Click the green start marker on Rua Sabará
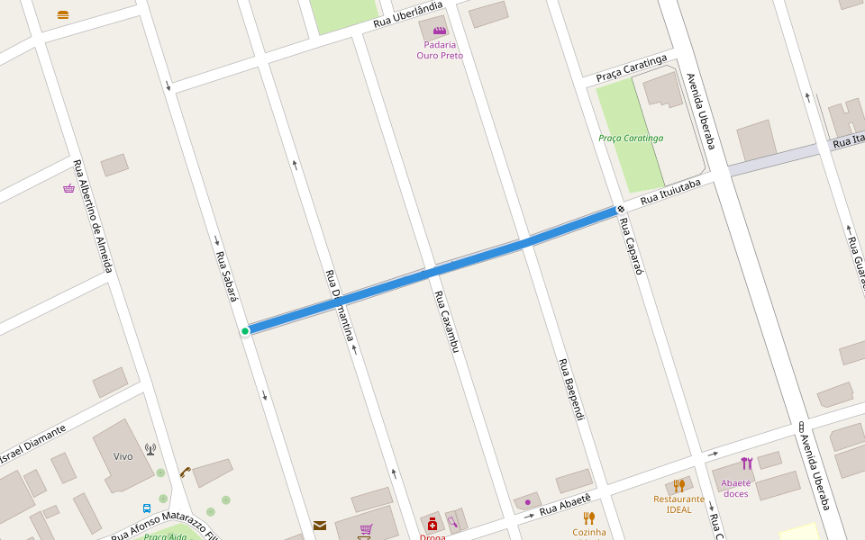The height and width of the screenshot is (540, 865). pyautogui.click(x=245, y=331)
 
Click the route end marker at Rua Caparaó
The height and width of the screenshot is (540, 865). pyautogui.click(x=620, y=210)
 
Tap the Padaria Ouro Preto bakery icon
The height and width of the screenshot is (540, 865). pyautogui.click(x=440, y=31)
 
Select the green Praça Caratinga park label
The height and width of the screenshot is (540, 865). pyautogui.click(x=631, y=138)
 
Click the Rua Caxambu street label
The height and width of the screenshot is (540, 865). pyautogui.click(x=447, y=321)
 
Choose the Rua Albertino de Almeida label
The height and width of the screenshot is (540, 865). pyautogui.click(x=94, y=215)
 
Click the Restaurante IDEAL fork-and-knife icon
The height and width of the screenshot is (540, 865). pyautogui.click(x=678, y=486)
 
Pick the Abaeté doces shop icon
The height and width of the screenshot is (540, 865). pyautogui.click(x=746, y=463)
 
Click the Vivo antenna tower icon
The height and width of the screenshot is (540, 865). pyautogui.click(x=150, y=448)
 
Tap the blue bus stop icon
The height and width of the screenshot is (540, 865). pyautogui.click(x=147, y=508)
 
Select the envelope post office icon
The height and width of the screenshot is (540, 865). pyautogui.click(x=320, y=526)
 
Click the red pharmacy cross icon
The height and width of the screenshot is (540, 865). pyautogui.click(x=432, y=525)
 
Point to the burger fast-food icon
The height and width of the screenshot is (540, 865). pyautogui.click(x=62, y=14)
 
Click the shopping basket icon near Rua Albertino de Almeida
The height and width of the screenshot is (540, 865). pyautogui.click(x=68, y=188)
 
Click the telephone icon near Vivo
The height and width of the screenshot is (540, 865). pyautogui.click(x=185, y=471)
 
